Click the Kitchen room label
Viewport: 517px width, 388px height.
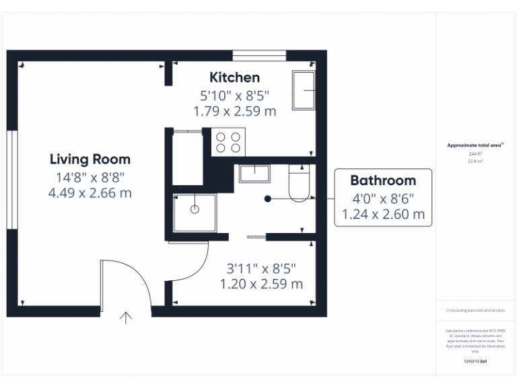tap(234, 77)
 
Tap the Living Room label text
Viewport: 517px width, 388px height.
tap(90, 160)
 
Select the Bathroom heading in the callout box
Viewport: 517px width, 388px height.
tap(382, 181)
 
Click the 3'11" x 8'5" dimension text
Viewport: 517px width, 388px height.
tap(261, 267)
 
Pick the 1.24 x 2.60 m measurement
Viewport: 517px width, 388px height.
tap(382, 215)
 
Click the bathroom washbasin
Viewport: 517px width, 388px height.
tap(254, 172)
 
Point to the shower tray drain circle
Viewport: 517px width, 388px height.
tap(195, 209)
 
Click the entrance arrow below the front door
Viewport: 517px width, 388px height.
tap(126, 318)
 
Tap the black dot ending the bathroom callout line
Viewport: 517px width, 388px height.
tap(268, 199)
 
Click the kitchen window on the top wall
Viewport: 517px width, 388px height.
tap(259, 55)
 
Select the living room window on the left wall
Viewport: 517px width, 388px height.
tap(11, 180)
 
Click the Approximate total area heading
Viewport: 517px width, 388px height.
tap(475, 145)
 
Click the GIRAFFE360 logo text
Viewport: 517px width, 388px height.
tap(475, 362)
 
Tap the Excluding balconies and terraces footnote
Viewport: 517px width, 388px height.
tap(475, 311)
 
